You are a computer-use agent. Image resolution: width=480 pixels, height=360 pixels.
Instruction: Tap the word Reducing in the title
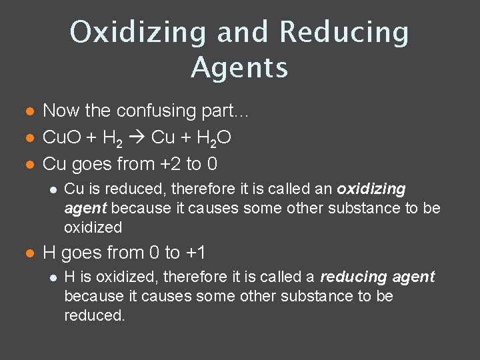[344, 32]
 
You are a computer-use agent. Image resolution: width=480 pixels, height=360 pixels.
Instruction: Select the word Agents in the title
[239, 67]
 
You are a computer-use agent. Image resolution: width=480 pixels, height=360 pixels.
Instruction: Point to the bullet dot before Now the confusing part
[27, 111]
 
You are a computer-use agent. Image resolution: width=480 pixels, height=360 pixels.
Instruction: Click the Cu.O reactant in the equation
[63, 137]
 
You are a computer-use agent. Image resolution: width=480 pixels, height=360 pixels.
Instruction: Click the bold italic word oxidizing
[371, 189]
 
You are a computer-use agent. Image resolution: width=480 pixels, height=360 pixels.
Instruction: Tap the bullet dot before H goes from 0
[27, 253]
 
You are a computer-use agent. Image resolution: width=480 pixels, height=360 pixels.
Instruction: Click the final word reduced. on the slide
[94, 315]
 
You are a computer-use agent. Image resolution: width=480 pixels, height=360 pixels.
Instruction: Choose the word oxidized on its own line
[93, 227]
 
